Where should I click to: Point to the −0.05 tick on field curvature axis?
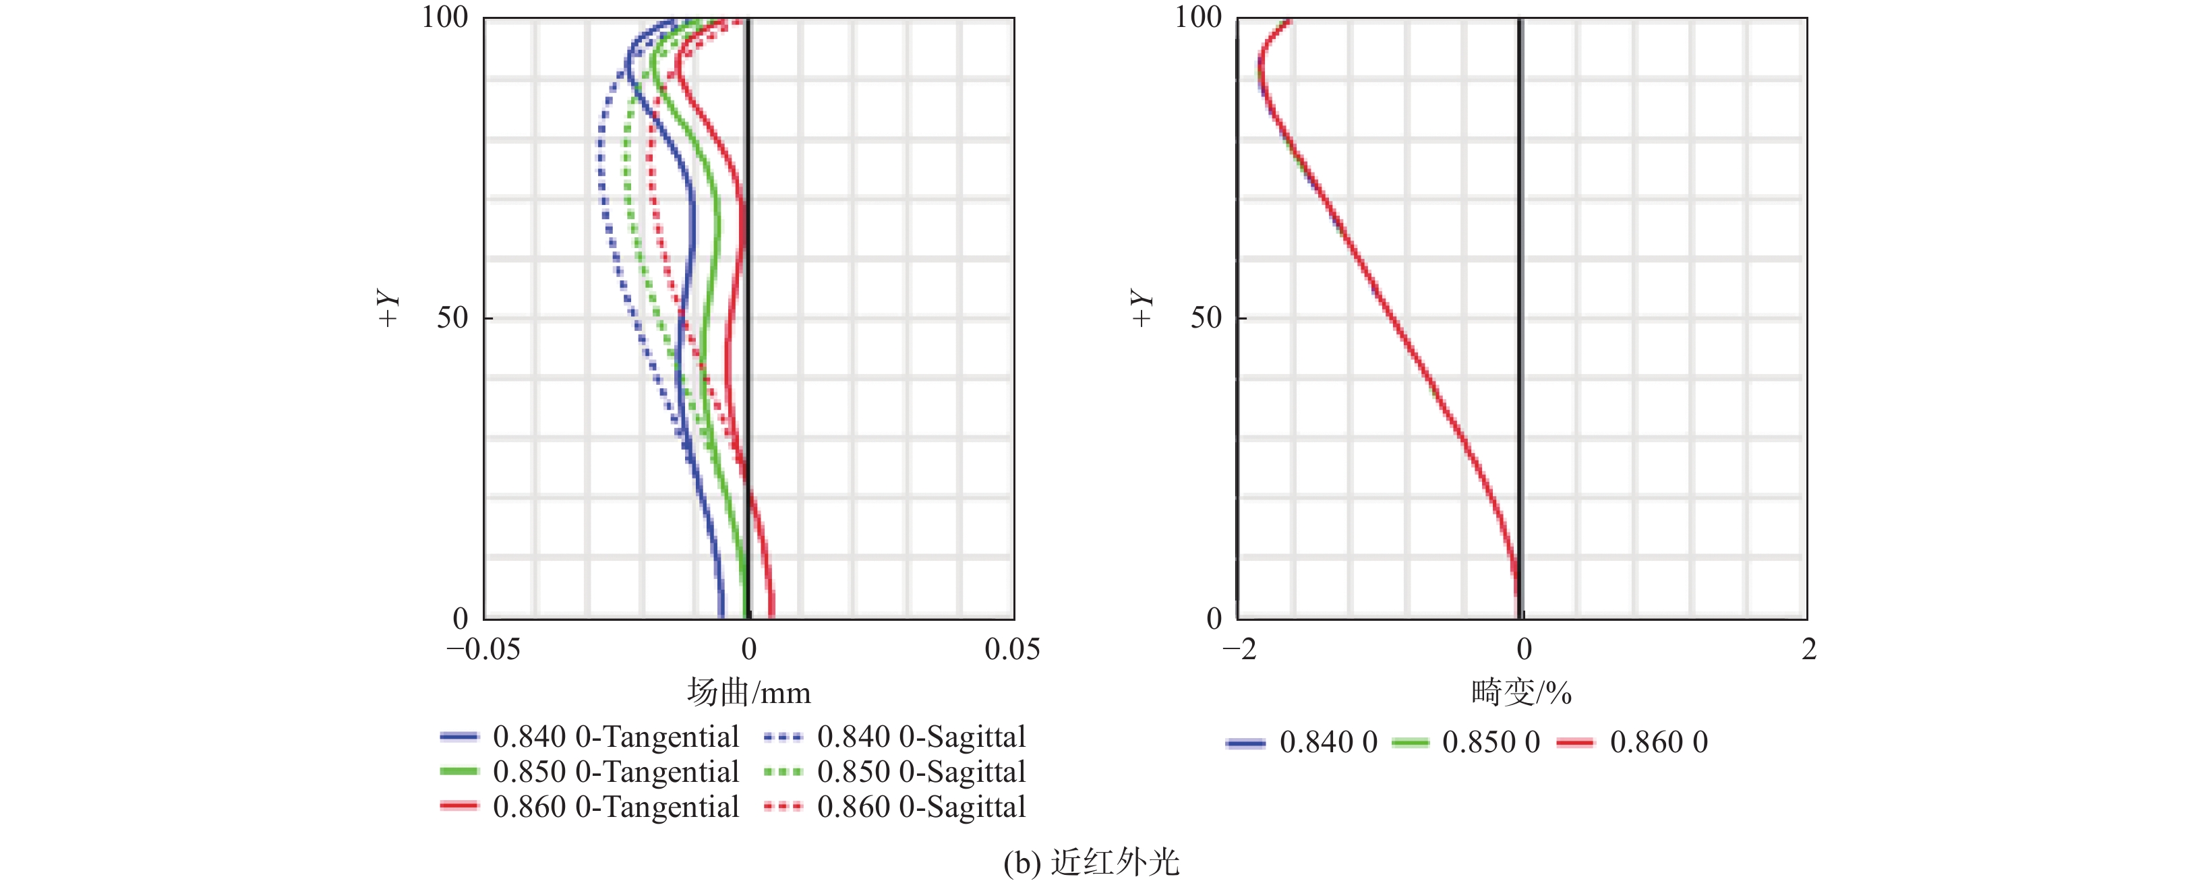click(483, 649)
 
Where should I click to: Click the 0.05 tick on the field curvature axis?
click(1011, 649)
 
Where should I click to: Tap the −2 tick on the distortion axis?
click(1239, 649)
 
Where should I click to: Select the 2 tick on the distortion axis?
click(1808, 649)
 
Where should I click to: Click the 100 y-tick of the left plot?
click(444, 17)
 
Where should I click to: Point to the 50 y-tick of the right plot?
click(1206, 318)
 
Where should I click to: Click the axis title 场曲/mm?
click(748, 693)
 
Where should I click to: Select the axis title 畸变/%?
click(1521, 693)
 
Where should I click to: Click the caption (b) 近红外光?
click(1091, 863)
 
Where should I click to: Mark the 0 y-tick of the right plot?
click(1214, 618)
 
